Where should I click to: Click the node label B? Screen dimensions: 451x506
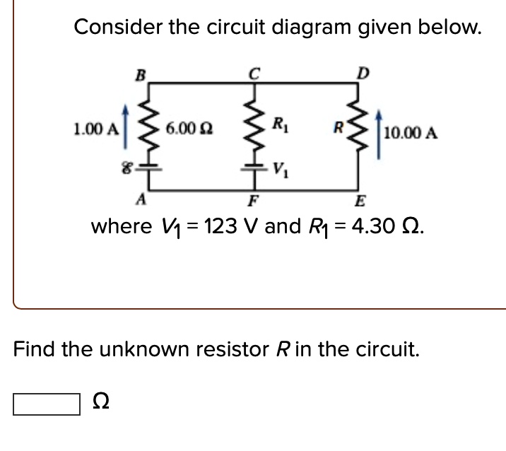(x=139, y=73)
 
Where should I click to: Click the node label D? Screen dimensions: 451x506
(x=363, y=72)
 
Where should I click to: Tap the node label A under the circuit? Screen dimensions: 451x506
(x=140, y=199)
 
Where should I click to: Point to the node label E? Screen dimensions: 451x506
(x=358, y=199)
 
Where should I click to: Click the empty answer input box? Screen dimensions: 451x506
(x=46, y=405)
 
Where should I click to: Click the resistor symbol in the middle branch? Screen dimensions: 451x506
(x=254, y=127)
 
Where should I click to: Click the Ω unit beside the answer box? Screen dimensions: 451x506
(x=101, y=404)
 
